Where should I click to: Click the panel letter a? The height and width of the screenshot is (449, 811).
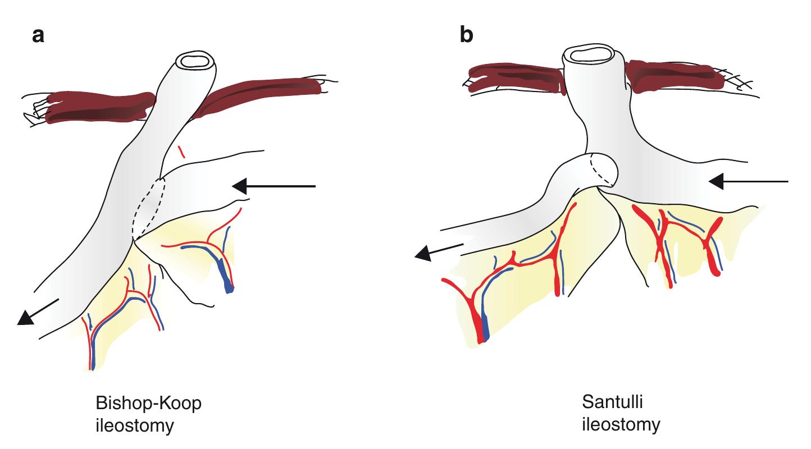click(x=38, y=36)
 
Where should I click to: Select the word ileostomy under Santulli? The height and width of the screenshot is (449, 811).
click(x=621, y=424)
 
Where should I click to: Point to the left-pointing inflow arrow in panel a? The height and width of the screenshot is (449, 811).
click(x=275, y=185)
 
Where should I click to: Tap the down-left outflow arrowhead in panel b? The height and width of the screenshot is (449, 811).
click(x=426, y=254)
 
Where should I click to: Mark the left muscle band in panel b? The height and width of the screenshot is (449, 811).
click(x=514, y=78)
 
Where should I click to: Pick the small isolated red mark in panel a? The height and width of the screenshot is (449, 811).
click(x=180, y=151)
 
